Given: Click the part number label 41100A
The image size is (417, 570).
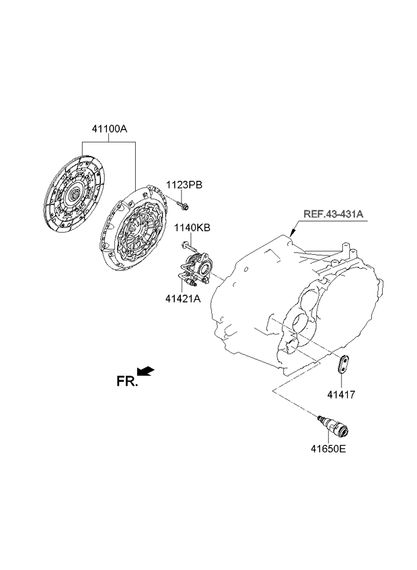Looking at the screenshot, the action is (109, 128).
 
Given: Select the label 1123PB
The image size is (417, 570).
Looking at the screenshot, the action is (184, 185).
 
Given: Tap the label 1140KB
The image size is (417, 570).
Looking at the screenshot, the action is (192, 228).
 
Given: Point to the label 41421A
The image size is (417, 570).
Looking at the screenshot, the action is (183, 298).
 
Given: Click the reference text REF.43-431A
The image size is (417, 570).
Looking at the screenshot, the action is (334, 214).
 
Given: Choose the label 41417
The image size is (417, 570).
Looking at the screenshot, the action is (341, 395).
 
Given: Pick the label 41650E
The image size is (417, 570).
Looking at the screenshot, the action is (328, 449).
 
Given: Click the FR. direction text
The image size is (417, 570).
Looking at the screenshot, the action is (127, 381).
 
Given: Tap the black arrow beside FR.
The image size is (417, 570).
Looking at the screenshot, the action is (145, 371).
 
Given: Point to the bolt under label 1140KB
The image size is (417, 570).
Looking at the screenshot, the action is (189, 247).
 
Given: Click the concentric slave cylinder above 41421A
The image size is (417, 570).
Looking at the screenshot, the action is (196, 271).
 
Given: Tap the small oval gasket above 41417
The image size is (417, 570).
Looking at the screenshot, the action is (343, 364).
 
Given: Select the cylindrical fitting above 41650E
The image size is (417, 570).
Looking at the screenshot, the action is (333, 425).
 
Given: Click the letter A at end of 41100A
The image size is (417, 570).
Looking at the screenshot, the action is (124, 128).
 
